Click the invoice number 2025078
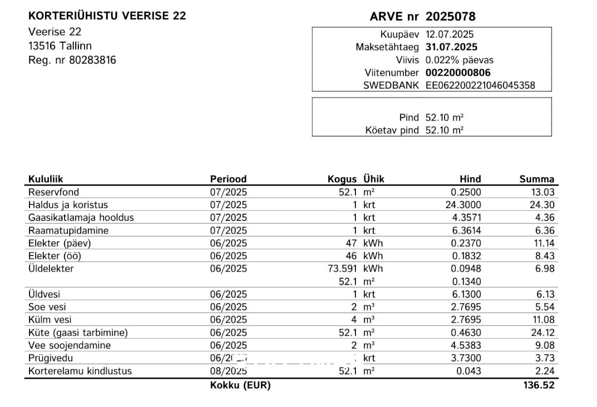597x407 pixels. pyautogui.click(x=450, y=17)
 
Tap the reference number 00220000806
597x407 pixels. pyautogui.click(x=458, y=73)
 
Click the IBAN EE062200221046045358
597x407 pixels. pyautogui.click(x=480, y=85)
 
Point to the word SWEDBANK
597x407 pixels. pyautogui.click(x=391, y=85)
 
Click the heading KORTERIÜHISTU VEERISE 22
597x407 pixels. pyautogui.click(x=107, y=16)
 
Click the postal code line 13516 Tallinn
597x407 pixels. pyautogui.click(x=60, y=46)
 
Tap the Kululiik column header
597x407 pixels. pyautogui.click(x=46, y=179)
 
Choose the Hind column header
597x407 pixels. pyautogui.click(x=470, y=179)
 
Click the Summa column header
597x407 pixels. pyautogui.click(x=536, y=179)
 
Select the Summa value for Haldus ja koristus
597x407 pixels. pyautogui.click(x=544, y=205)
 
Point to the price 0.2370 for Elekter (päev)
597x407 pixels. pyautogui.click(x=466, y=243)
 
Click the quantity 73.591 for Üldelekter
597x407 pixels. pyautogui.click(x=344, y=269)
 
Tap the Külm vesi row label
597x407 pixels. pyautogui.click(x=50, y=320)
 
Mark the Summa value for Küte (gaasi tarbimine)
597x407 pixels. pyautogui.click(x=544, y=333)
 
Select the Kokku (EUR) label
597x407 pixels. pyautogui.click(x=240, y=386)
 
